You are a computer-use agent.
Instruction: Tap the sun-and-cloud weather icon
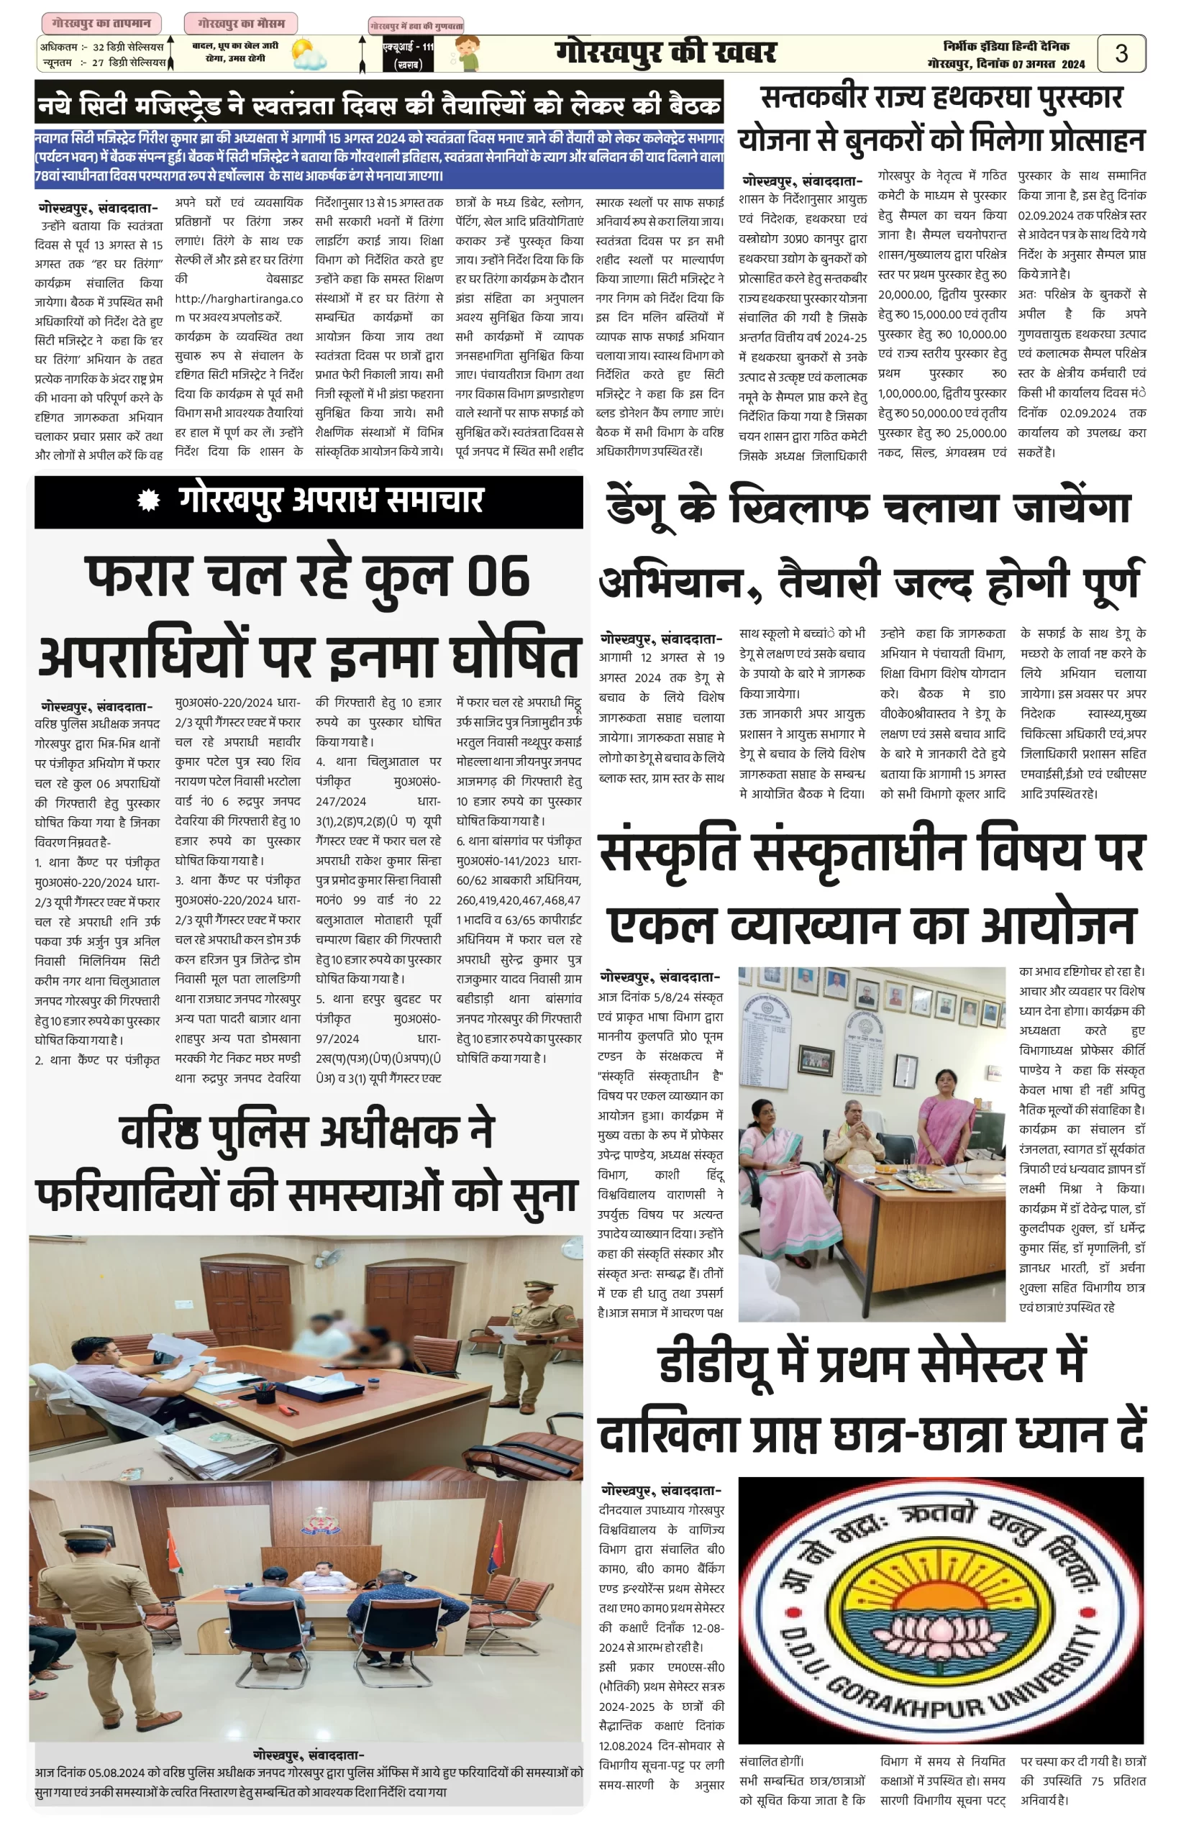[x=309, y=55]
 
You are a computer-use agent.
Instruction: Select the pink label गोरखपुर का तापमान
[x=101, y=23]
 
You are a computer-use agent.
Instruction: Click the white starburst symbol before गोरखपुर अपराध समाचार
[x=148, y=501]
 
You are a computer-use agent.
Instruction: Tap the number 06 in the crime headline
[x=497, y=577]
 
